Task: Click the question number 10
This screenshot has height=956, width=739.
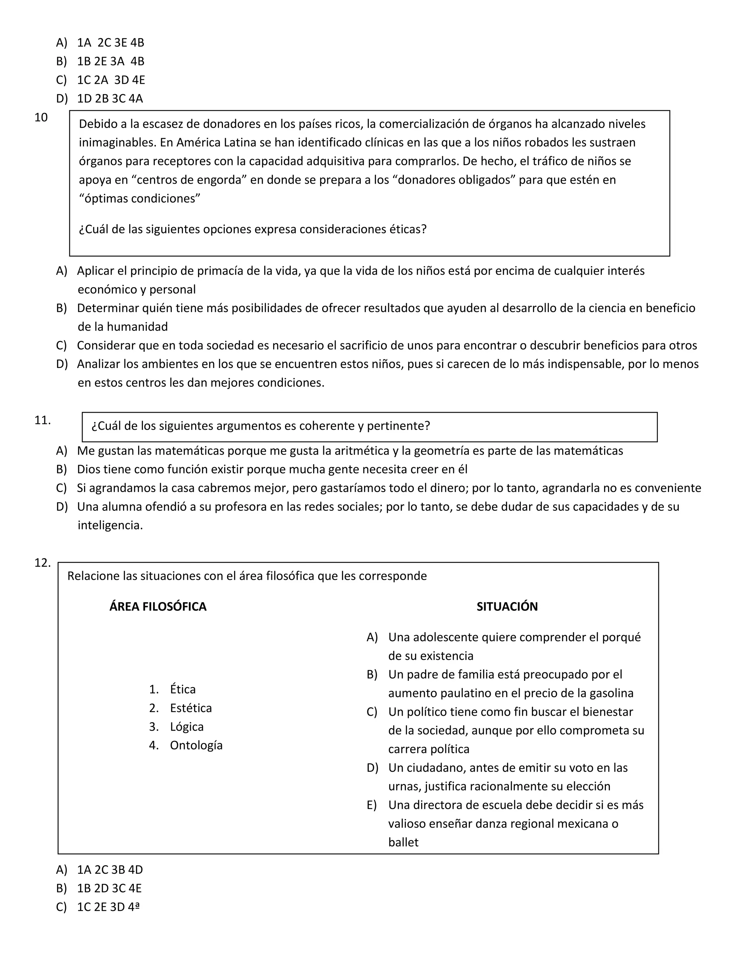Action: [41, 117]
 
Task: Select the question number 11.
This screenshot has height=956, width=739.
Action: [43, 420]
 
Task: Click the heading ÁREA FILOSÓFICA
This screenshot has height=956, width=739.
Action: [158, 606]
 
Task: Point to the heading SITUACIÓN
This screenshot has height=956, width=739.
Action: [507, 606]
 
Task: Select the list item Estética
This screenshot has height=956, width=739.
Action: [191, 708]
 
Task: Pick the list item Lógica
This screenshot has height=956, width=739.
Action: [187, 727]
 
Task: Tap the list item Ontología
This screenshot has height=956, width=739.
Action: [196, 745]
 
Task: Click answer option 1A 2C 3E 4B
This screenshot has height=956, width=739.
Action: [110, 43]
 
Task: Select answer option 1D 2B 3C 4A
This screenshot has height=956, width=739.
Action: [110, 98]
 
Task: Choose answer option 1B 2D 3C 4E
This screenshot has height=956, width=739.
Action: [109, 888]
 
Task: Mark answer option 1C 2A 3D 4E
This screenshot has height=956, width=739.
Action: [111, 80]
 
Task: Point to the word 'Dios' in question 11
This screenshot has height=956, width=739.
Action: [89, 469]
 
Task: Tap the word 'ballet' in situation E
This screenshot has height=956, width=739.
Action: [403, 842]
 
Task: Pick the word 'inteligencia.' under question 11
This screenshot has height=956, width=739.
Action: [110, 525]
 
